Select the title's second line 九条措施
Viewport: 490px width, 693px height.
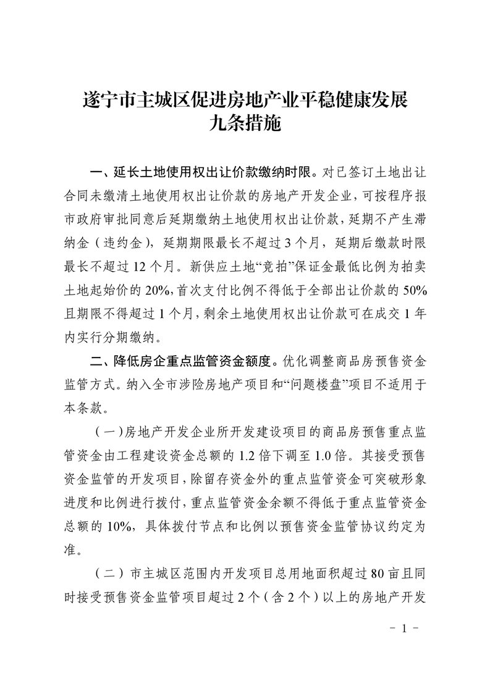pos(245,125)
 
